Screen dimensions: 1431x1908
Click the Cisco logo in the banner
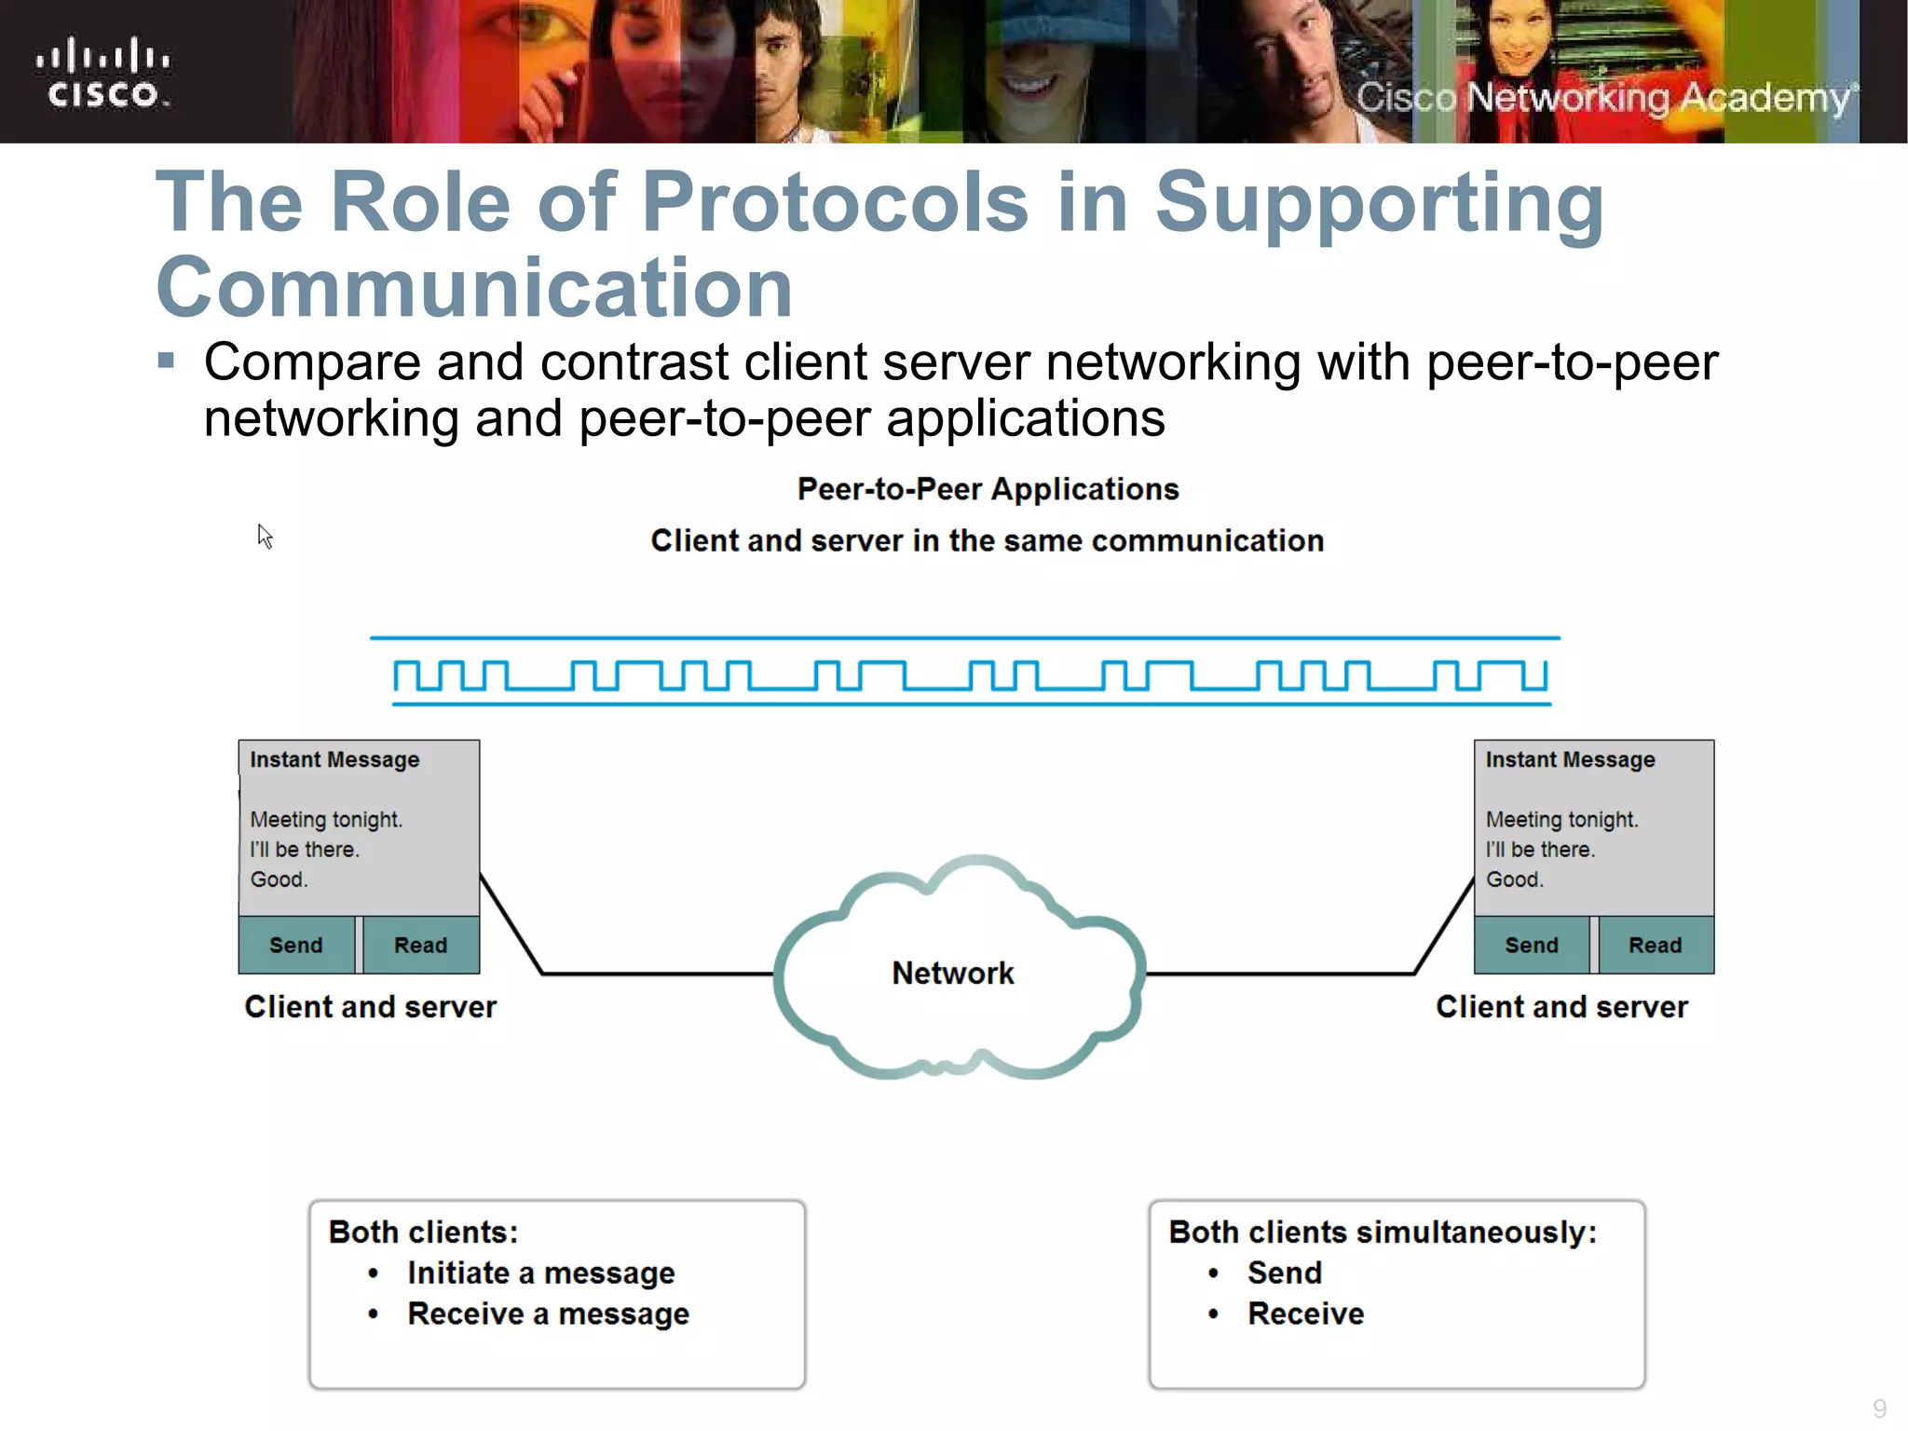(x=102, y=73)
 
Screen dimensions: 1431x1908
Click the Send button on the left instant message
(x=296, y=945)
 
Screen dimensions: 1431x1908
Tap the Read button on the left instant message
(x=420, y=945)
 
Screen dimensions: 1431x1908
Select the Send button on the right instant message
(x=1532, y=945)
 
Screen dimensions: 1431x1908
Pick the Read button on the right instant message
(x=1655, y=945)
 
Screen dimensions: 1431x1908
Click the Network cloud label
(x=952, y=973)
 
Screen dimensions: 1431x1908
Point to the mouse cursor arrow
(x=265, y=536)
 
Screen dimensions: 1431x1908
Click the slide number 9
(x=1879, y=1408)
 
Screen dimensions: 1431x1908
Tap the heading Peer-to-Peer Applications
(x=988, y=489)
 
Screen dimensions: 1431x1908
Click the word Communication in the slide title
(x=474, y=287)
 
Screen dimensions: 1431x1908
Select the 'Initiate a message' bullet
(x=540, y=1273)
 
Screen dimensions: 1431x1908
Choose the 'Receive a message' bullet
(x=548, y=1314)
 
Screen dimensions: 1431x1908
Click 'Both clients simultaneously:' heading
(x=1383, y=1232)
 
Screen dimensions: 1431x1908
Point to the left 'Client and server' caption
(x=370, y=1007)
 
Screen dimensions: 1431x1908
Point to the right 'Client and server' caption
(x=1561, y=1007)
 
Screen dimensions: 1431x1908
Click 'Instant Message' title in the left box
(x=334, y=760)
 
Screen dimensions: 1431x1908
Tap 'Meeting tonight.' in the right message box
(x=1561, y=820)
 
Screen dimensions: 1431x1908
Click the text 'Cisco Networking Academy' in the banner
(x=1602, y=98)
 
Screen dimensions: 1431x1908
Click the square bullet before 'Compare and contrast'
(x=167, y=361)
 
